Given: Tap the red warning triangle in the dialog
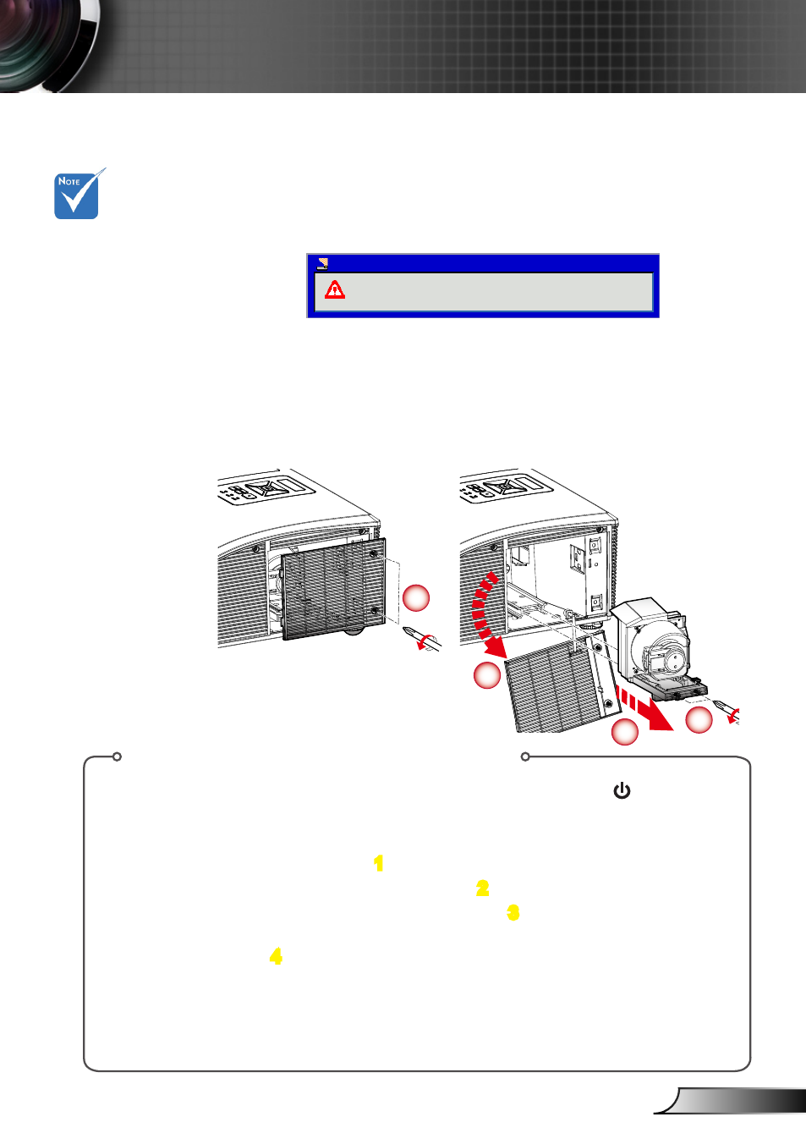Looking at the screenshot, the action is (334, 289).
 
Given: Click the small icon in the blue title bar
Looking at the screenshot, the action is (322, 263).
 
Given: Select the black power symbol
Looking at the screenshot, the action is (622, 790).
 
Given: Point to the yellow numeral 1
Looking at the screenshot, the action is (378, 863).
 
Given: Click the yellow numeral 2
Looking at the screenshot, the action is (482, 888).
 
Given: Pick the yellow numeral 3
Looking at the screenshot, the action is (513, 913).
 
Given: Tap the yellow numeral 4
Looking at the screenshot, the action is (276, 956).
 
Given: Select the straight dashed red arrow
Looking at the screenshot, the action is (644, 709).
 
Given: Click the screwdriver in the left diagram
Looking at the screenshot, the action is (423, 638).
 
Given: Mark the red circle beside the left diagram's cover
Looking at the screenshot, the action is (416, 597).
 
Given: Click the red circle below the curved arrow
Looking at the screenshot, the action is (487, 675).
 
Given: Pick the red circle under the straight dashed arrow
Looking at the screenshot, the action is (625, 732).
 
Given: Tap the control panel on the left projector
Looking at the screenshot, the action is (266, 490).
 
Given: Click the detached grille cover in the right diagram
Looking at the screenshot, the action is (562, 682).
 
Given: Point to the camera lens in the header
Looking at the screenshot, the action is (48, 46).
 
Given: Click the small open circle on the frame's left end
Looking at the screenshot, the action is (117, 756).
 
